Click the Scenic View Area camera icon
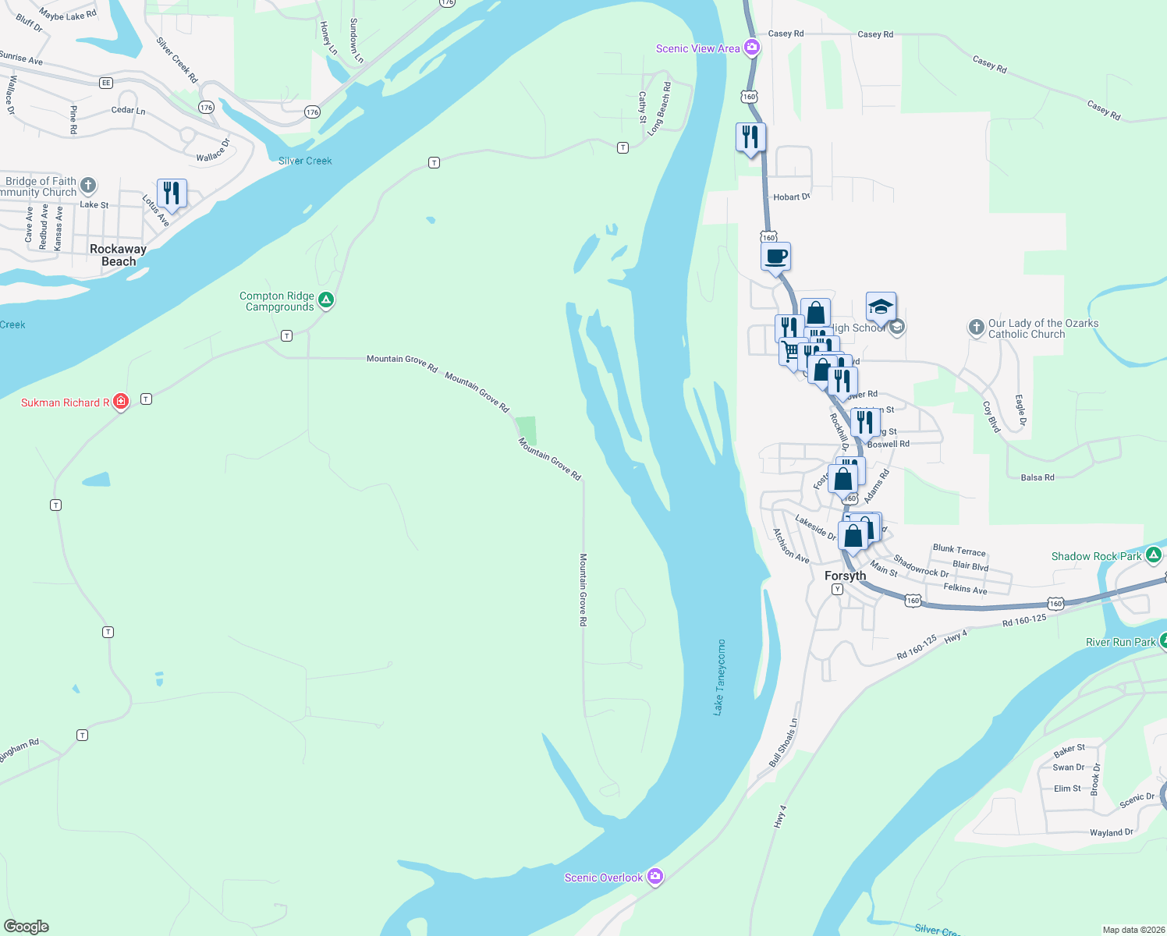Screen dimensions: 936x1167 (x=751, y=48)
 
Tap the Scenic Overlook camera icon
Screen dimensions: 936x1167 (x=655, y=877)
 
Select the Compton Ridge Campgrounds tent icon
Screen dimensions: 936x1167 (x=326, y=300)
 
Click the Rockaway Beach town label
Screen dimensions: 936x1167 (x=118, y=255)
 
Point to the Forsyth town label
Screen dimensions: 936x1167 (x=845, y=576)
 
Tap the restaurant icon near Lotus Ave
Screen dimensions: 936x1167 (x=172, y=193)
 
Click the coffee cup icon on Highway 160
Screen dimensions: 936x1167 (x=775, y=257)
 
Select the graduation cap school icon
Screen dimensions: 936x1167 (x=881, y=307)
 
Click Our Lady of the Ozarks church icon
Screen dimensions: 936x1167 (x=976, y=328)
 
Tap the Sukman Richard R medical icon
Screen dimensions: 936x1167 (x=121, y=402)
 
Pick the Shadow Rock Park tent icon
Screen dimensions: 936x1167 (x=1154, y=555)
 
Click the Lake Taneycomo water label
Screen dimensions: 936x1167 (x=719, y=677)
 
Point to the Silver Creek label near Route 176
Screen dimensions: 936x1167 (x=305, y=161)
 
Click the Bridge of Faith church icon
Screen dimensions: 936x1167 (x=88, y=186)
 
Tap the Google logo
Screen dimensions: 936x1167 (x=27, y=927)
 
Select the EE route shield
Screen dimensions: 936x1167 (x=106, y=83)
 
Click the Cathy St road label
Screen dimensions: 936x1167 (x=642, y=108)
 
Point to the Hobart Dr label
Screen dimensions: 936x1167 (x=791, y=197)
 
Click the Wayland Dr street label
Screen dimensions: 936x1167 (x=1111, y=833)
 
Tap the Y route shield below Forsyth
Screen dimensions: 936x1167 (x=837, y=590)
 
